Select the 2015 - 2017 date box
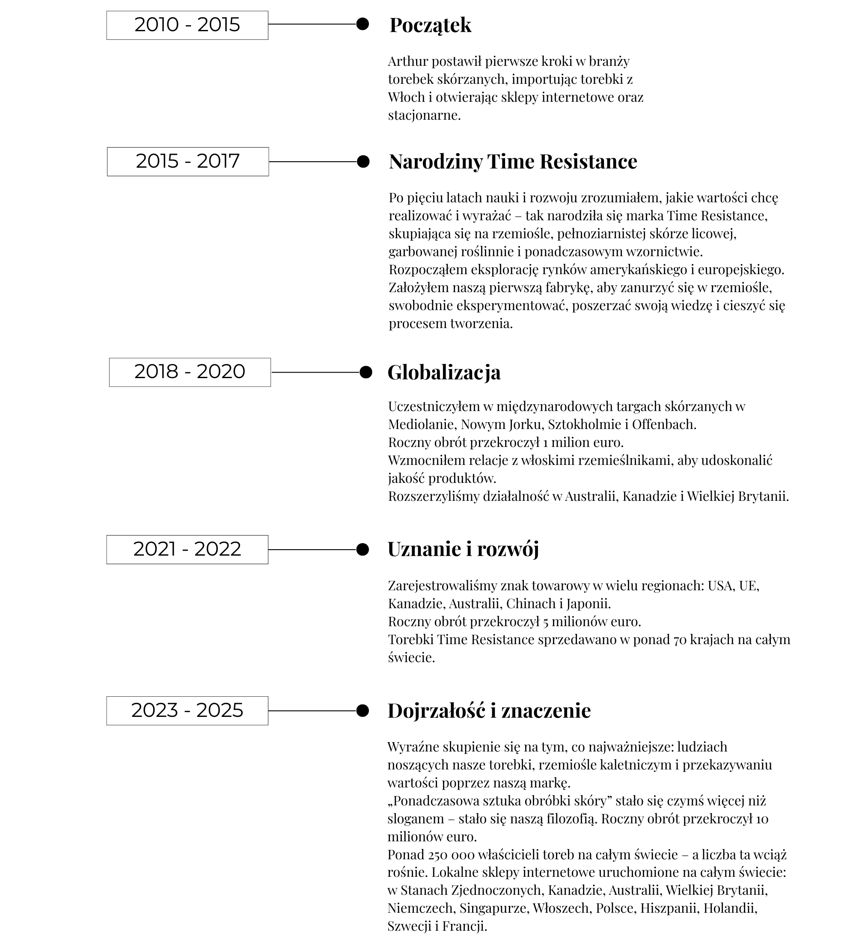click(188, 162)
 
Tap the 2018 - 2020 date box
click(190, 372)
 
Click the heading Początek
click(430, 25)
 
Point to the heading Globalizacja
click(444, 373)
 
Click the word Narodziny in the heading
click(435, 162)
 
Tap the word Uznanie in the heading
click(425, 549)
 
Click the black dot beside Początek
click(363, 24)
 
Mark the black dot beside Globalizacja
click(366, 373)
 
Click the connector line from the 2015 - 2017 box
click(313, 162)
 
